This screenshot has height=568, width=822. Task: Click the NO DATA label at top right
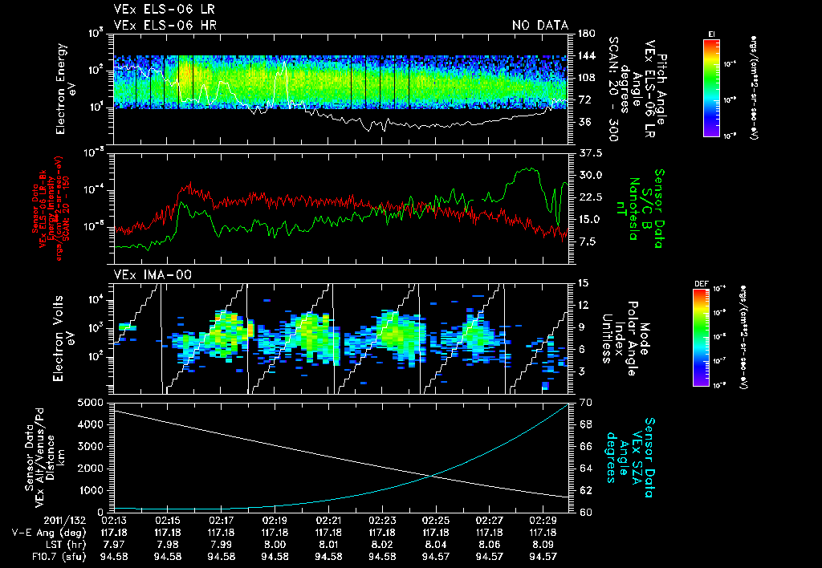[x=540, y=25]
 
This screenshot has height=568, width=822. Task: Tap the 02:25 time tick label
[x=436, y=520]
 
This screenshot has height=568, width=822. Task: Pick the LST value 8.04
[x=436, y=544]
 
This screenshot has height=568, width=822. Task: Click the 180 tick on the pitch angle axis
[x=585, y=34]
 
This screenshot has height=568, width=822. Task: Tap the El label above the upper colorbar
[x=711, y=33]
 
